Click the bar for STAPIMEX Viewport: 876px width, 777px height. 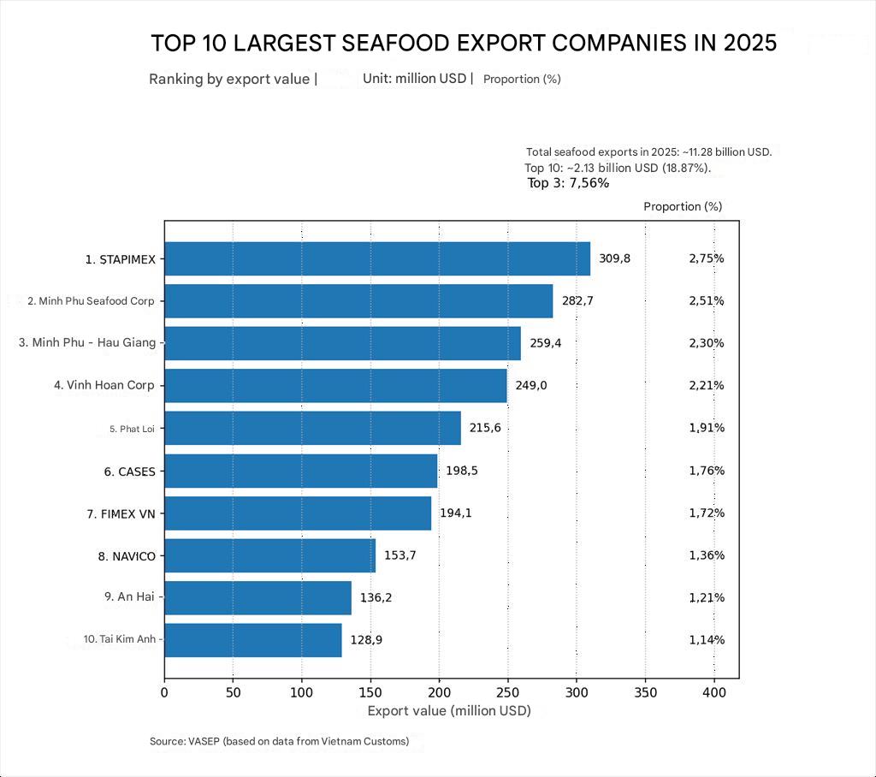click(376, 258)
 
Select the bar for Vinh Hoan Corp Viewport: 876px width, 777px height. click(335, 385)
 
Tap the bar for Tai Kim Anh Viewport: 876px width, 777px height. click(252, 639)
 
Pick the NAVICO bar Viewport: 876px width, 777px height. click(269, 555)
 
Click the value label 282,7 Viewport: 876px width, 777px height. click(577, 300)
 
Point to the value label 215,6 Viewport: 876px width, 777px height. click(485, 428)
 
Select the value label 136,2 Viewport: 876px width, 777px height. click(376, 597)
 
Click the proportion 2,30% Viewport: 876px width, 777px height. click(706, 343)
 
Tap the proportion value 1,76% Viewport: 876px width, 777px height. click(706, 471)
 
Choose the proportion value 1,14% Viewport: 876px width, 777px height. click(706, 639)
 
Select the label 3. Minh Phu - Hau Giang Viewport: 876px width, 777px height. click(87, 343)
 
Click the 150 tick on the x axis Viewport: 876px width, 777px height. click(370, 692)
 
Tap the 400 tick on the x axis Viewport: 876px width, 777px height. click(714, 692)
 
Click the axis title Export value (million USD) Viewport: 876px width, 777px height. click(449, 711)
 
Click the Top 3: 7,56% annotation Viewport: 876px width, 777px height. click(568, 183)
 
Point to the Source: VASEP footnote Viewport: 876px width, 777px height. click(279, 741)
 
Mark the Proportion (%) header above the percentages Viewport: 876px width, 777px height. click(683, 206)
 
